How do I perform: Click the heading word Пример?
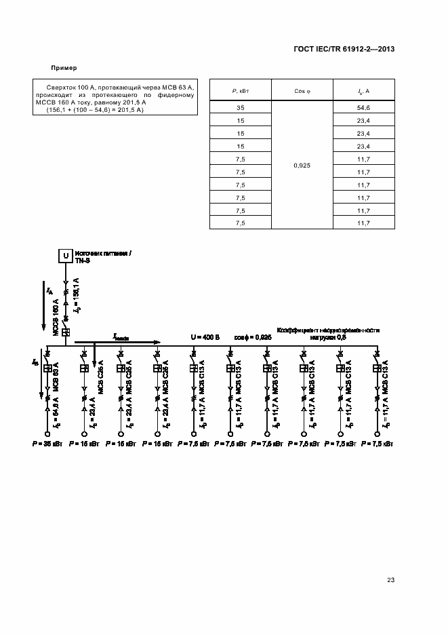64,68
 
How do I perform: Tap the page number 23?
390,579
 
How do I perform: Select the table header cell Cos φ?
302,90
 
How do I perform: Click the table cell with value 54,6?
363,108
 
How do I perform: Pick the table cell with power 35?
240,108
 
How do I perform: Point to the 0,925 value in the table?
302,165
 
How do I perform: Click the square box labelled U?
66,256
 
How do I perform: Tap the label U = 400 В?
205,336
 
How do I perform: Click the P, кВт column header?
240,90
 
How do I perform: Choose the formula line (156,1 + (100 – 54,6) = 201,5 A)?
95,110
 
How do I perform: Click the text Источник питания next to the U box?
102,252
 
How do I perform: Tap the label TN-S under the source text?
83,261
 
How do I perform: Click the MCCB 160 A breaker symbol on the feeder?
66,332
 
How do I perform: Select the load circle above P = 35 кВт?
49,434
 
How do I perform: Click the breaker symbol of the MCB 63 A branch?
49,368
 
